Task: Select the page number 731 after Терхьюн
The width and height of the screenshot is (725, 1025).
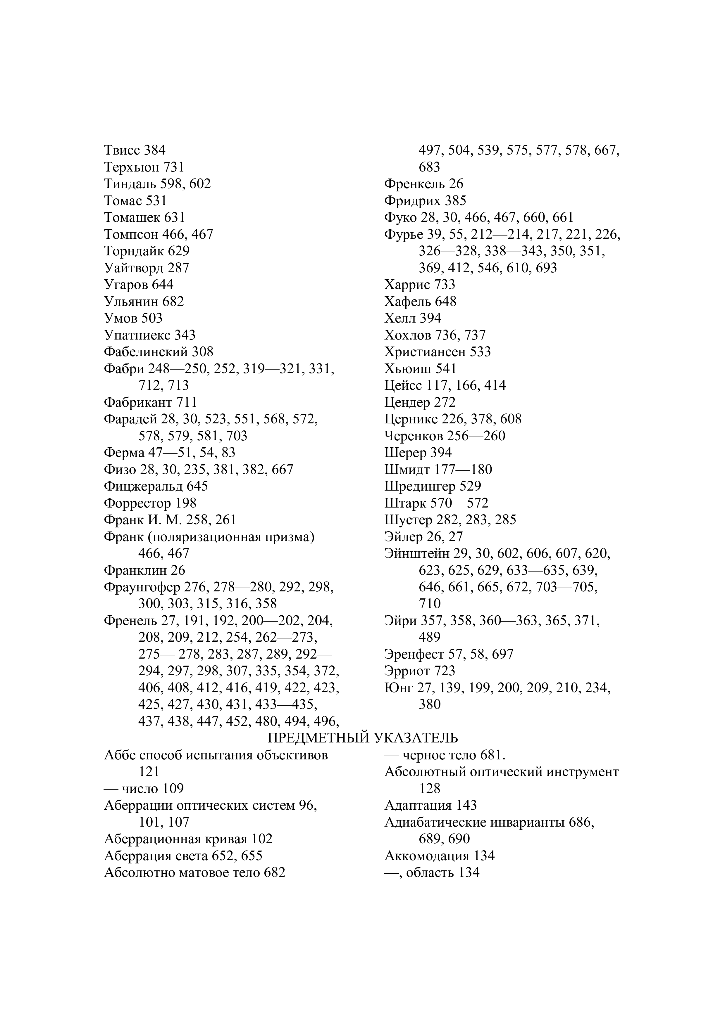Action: coord(174,167)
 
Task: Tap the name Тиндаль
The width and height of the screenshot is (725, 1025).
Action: coord(130,183)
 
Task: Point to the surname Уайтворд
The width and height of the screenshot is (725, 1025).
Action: coord(134,268)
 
